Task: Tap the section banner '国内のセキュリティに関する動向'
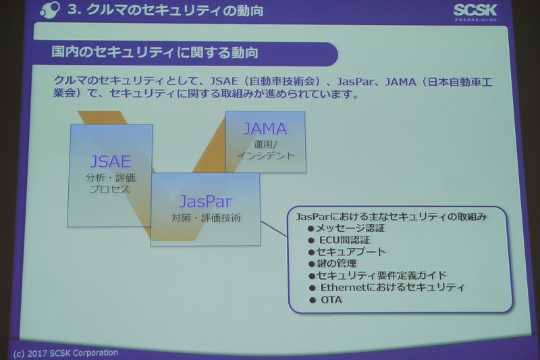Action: (x=155, y=53)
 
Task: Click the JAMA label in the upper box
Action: (x=265, y=128)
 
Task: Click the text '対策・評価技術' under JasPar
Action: (x=205, y=218)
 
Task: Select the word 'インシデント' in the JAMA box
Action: (x=265, y=155)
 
